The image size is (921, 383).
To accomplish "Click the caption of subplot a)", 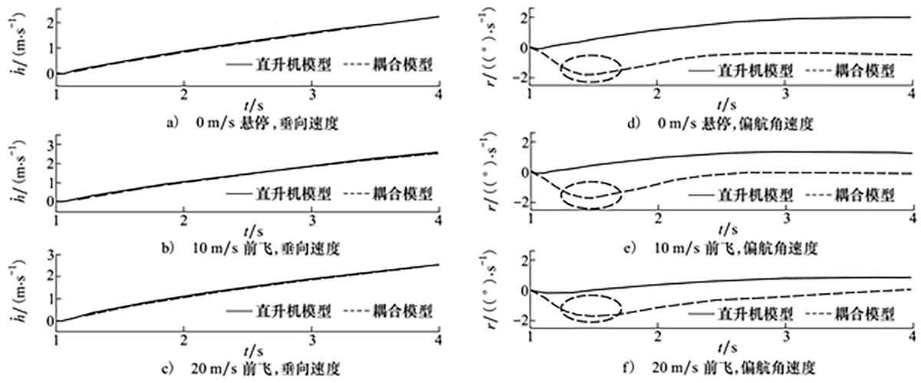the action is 252,123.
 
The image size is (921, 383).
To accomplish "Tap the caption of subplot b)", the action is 250,249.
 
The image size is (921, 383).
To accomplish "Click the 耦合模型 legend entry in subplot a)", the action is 388,64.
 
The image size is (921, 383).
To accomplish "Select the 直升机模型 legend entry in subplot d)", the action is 740,71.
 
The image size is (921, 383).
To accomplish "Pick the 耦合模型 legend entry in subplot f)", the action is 850,314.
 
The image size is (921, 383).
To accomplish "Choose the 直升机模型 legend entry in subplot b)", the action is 279,193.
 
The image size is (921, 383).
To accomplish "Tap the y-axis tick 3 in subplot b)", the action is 50,144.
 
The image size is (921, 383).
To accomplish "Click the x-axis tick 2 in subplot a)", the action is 183,95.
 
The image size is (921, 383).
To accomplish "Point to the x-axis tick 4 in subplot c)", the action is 438,340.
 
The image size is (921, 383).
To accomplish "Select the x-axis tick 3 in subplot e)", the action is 787,219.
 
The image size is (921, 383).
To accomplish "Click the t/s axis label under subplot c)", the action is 253,351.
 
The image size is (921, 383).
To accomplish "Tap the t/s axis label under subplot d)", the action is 726,105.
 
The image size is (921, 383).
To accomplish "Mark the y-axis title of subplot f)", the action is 488,292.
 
